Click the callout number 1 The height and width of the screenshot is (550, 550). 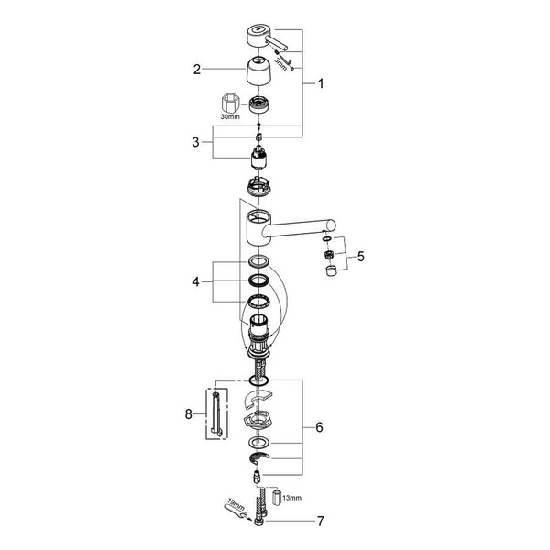321,83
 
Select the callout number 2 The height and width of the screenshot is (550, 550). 197,70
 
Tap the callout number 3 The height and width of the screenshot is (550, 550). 196,142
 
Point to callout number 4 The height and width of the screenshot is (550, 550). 196,281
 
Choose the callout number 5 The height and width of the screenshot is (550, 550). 361,257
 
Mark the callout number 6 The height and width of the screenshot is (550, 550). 319,427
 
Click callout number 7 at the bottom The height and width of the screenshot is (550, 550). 321,521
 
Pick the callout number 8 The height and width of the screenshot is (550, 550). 189,414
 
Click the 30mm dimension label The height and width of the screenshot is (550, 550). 230,116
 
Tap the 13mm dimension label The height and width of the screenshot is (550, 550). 291,498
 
